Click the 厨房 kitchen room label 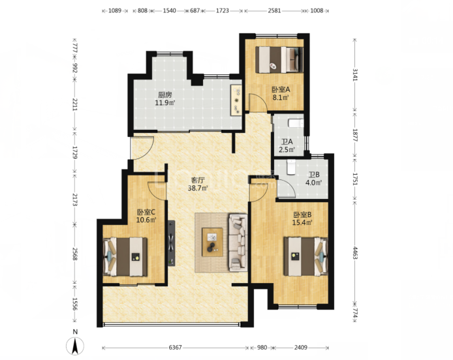click(x=165, y=95)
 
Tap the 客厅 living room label click(x=198, y=181)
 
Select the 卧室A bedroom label click(x=281, y=89)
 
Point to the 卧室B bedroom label click(x=302, y=215)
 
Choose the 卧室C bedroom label click(x=146, y=212)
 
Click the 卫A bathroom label click(x=287, y=142)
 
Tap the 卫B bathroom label click(x=314, y=175)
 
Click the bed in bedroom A click(x=279, y=60)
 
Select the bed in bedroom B click(x=305, y=256)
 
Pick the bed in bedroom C click(x=125, y=257)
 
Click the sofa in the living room click(x=238, y=243)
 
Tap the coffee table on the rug click(x=212, y=242)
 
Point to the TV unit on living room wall click(x=172, y=243)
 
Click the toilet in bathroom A click(x=296, y=123)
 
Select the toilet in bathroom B click(x=291, y=168)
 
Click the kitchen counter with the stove click(x=236, y=100)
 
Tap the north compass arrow click(x=75, y=346)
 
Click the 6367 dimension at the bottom click(x=175, y=348)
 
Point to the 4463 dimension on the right click(x=355, y=252)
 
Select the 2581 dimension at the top click(x=274, y=10)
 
